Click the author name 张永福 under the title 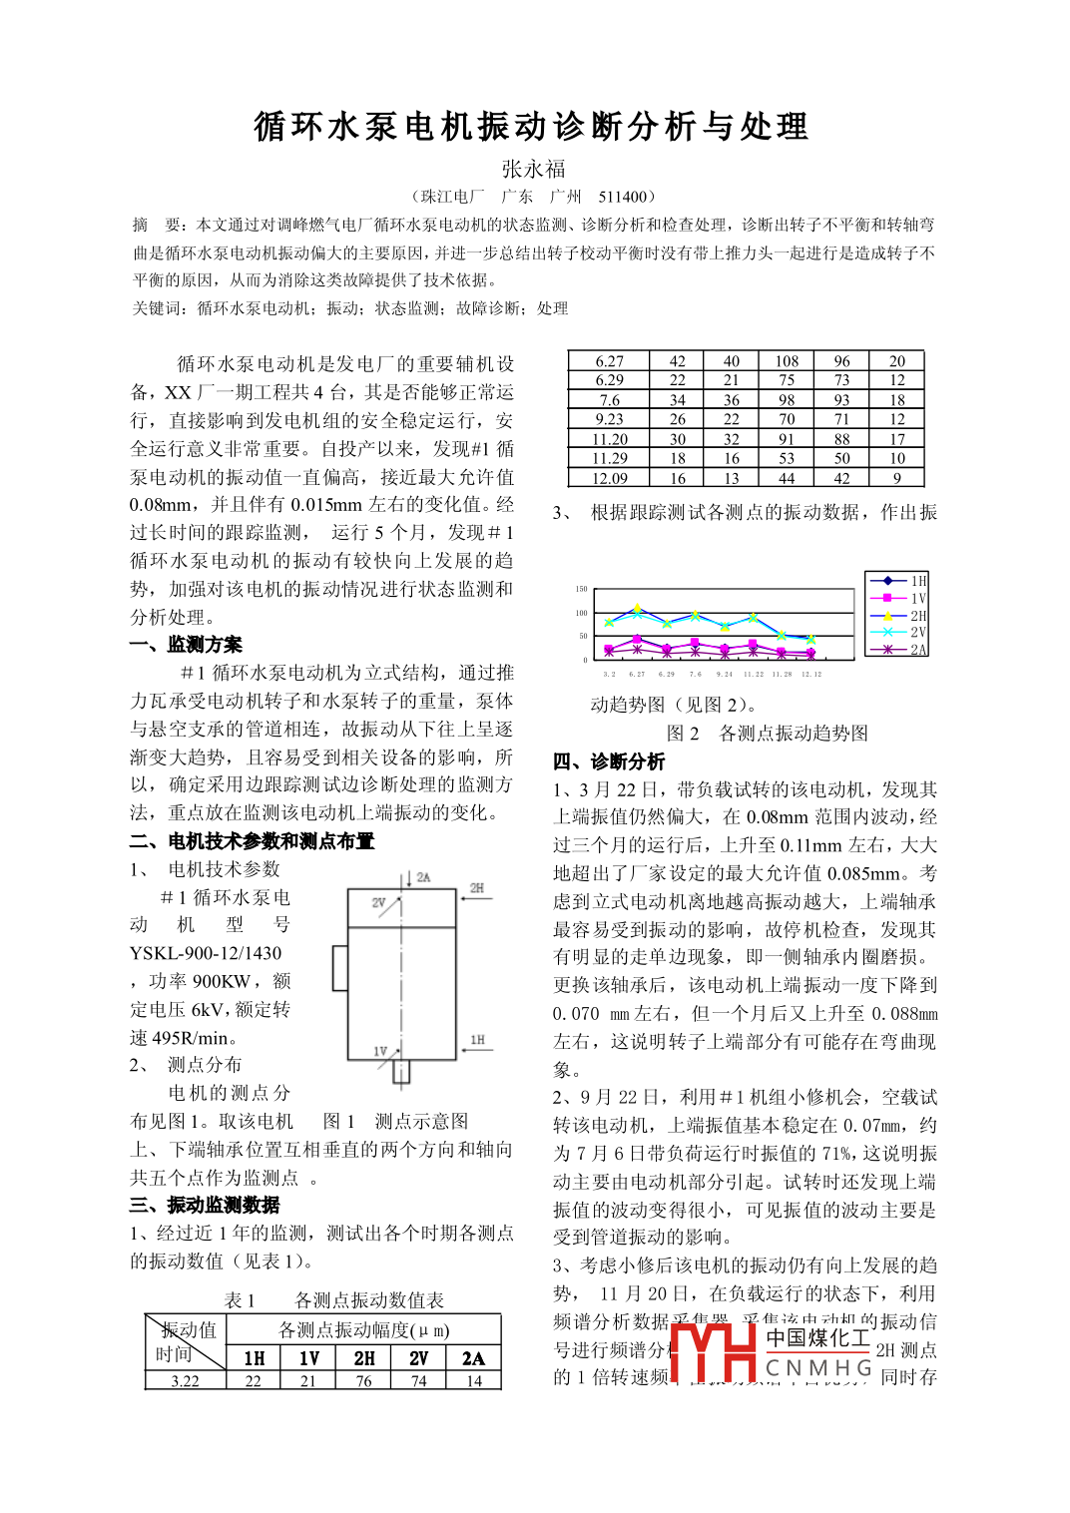[534, 169]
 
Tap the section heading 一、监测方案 [186, 645]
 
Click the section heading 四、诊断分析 [609, 761]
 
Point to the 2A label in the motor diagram [423, 877]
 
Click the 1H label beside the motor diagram [477, 1040]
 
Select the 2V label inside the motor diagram [379, 902]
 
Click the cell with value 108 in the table [787, 361]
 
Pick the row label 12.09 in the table [609, 478]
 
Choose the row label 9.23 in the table [609, 419]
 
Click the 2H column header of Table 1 [364, 1357]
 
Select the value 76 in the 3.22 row [363, 1381]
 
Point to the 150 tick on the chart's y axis [581, 590]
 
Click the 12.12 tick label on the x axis [811, 674]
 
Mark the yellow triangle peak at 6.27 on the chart [638, 608]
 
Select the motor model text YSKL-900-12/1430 [206, 953]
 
